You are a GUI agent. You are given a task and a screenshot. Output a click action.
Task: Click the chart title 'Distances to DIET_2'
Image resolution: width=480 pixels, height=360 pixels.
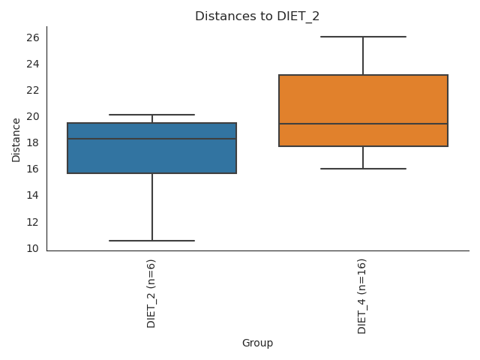[x=257, y=16]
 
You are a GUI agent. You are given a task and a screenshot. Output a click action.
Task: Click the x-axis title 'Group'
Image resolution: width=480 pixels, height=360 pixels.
[x=257, y=343]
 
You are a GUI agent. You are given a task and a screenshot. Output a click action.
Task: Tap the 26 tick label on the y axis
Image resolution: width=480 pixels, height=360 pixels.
[x=33, y=37]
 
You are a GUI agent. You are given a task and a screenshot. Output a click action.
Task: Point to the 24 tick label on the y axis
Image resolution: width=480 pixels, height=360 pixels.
[x=33, y=64]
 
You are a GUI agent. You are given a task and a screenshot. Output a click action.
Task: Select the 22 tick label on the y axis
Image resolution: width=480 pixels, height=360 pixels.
[x=33, y=90]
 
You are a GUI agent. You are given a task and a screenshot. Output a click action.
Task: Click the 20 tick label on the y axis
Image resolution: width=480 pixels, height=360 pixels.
[x=33, y=116]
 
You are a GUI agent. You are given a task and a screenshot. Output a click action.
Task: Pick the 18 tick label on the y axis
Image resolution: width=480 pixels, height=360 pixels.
[x=33, y=142]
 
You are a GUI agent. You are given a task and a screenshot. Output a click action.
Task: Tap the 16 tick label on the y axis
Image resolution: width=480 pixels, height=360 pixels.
[x=33, y=169]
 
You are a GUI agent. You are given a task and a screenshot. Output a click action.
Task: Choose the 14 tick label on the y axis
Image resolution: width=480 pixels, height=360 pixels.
[x=33, y=196]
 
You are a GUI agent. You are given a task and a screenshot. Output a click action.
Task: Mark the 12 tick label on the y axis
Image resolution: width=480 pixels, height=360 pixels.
[x=33, y=222]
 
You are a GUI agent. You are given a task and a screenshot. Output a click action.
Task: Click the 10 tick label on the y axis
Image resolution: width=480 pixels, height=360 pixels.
[x=33, y=248]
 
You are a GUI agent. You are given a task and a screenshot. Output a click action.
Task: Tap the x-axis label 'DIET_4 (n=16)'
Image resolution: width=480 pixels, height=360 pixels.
[x=363, y=295]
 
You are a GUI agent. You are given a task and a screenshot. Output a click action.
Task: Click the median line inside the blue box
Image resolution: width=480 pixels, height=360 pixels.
[x=151, y=139]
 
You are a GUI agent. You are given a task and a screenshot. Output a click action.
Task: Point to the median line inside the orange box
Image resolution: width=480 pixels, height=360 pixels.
[x=363, y=124]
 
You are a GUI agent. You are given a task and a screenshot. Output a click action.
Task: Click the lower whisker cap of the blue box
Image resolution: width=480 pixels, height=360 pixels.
[x=151, y=241]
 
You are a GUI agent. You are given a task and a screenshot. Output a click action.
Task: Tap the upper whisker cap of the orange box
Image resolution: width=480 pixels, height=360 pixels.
[x=363, y=37]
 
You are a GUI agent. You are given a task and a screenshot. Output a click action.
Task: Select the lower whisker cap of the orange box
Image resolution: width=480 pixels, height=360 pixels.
[x=363, y=169]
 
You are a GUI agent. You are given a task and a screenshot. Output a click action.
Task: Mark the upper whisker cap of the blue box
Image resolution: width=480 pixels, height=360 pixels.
[x=151, y=115]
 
